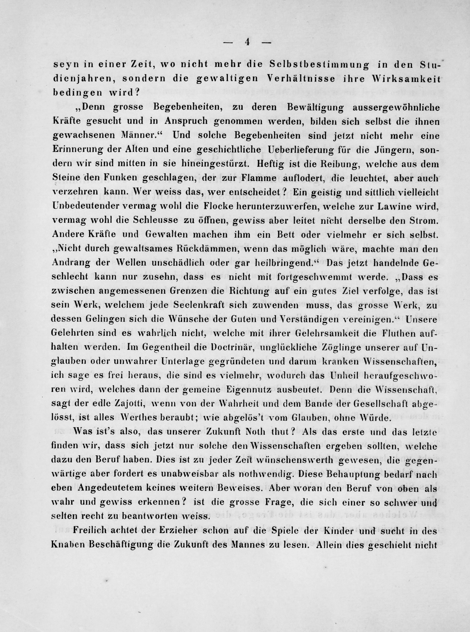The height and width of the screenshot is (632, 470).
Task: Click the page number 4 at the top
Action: [x=247, y=42]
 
